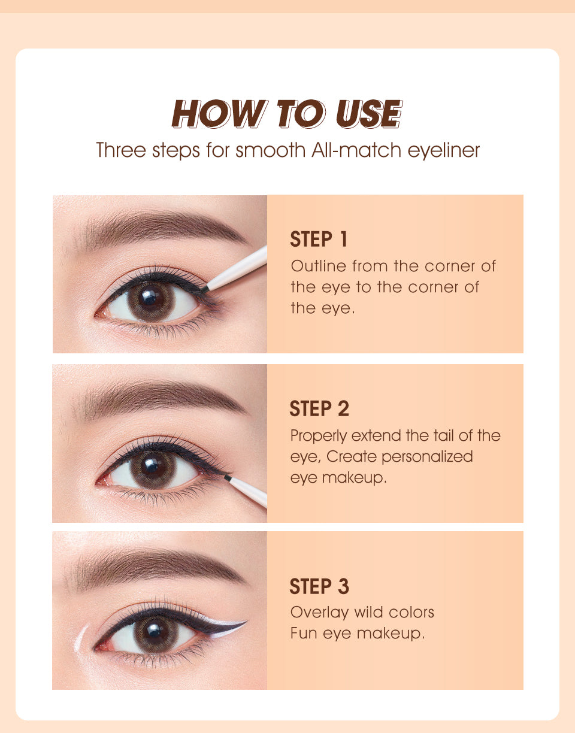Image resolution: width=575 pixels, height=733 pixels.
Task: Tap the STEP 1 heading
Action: pos(319,239)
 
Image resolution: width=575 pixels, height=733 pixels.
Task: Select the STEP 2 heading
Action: pos(319,408)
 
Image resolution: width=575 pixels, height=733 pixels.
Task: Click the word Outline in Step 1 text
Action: pos(319,266)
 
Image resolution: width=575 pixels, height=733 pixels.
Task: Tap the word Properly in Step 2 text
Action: pos(319,437)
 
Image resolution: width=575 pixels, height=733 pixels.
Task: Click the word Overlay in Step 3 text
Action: pos(319,613)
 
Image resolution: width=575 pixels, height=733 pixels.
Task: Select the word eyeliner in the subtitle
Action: pos(443,150)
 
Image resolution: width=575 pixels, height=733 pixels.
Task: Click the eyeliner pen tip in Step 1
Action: pos(204,289)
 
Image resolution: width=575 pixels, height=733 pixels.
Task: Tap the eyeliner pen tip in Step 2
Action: pos(228,477)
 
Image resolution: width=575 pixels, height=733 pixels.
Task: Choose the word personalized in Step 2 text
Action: pos(427,458)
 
